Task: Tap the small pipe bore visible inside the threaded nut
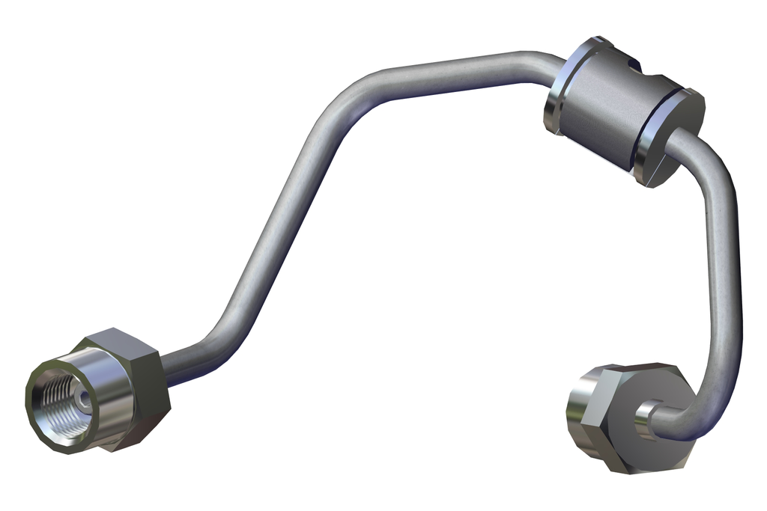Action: [x=84, y=398]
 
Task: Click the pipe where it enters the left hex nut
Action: [x=170, y=369]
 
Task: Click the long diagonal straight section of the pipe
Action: [x=277, y=224]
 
